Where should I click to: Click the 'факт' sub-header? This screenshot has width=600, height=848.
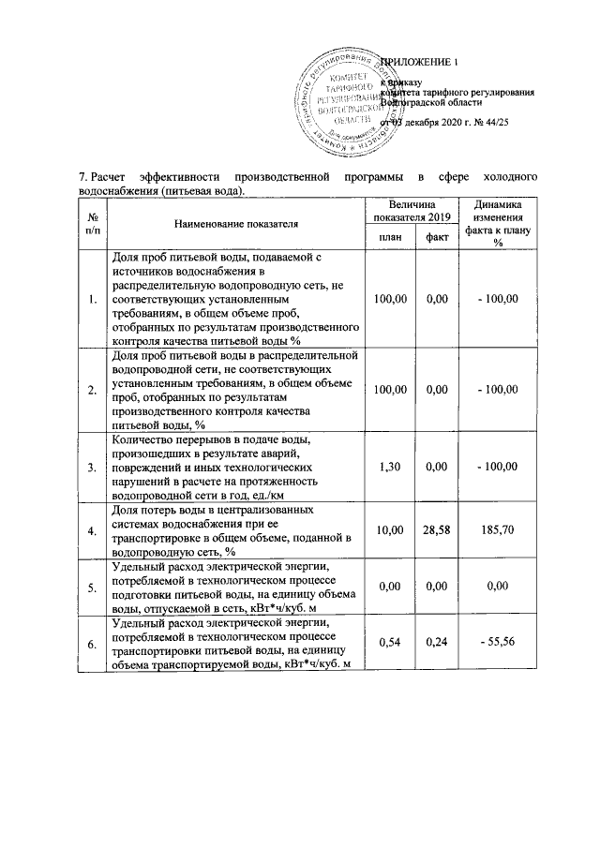[x=435, y=238]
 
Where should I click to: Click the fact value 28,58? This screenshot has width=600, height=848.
[x=435, y=530]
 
